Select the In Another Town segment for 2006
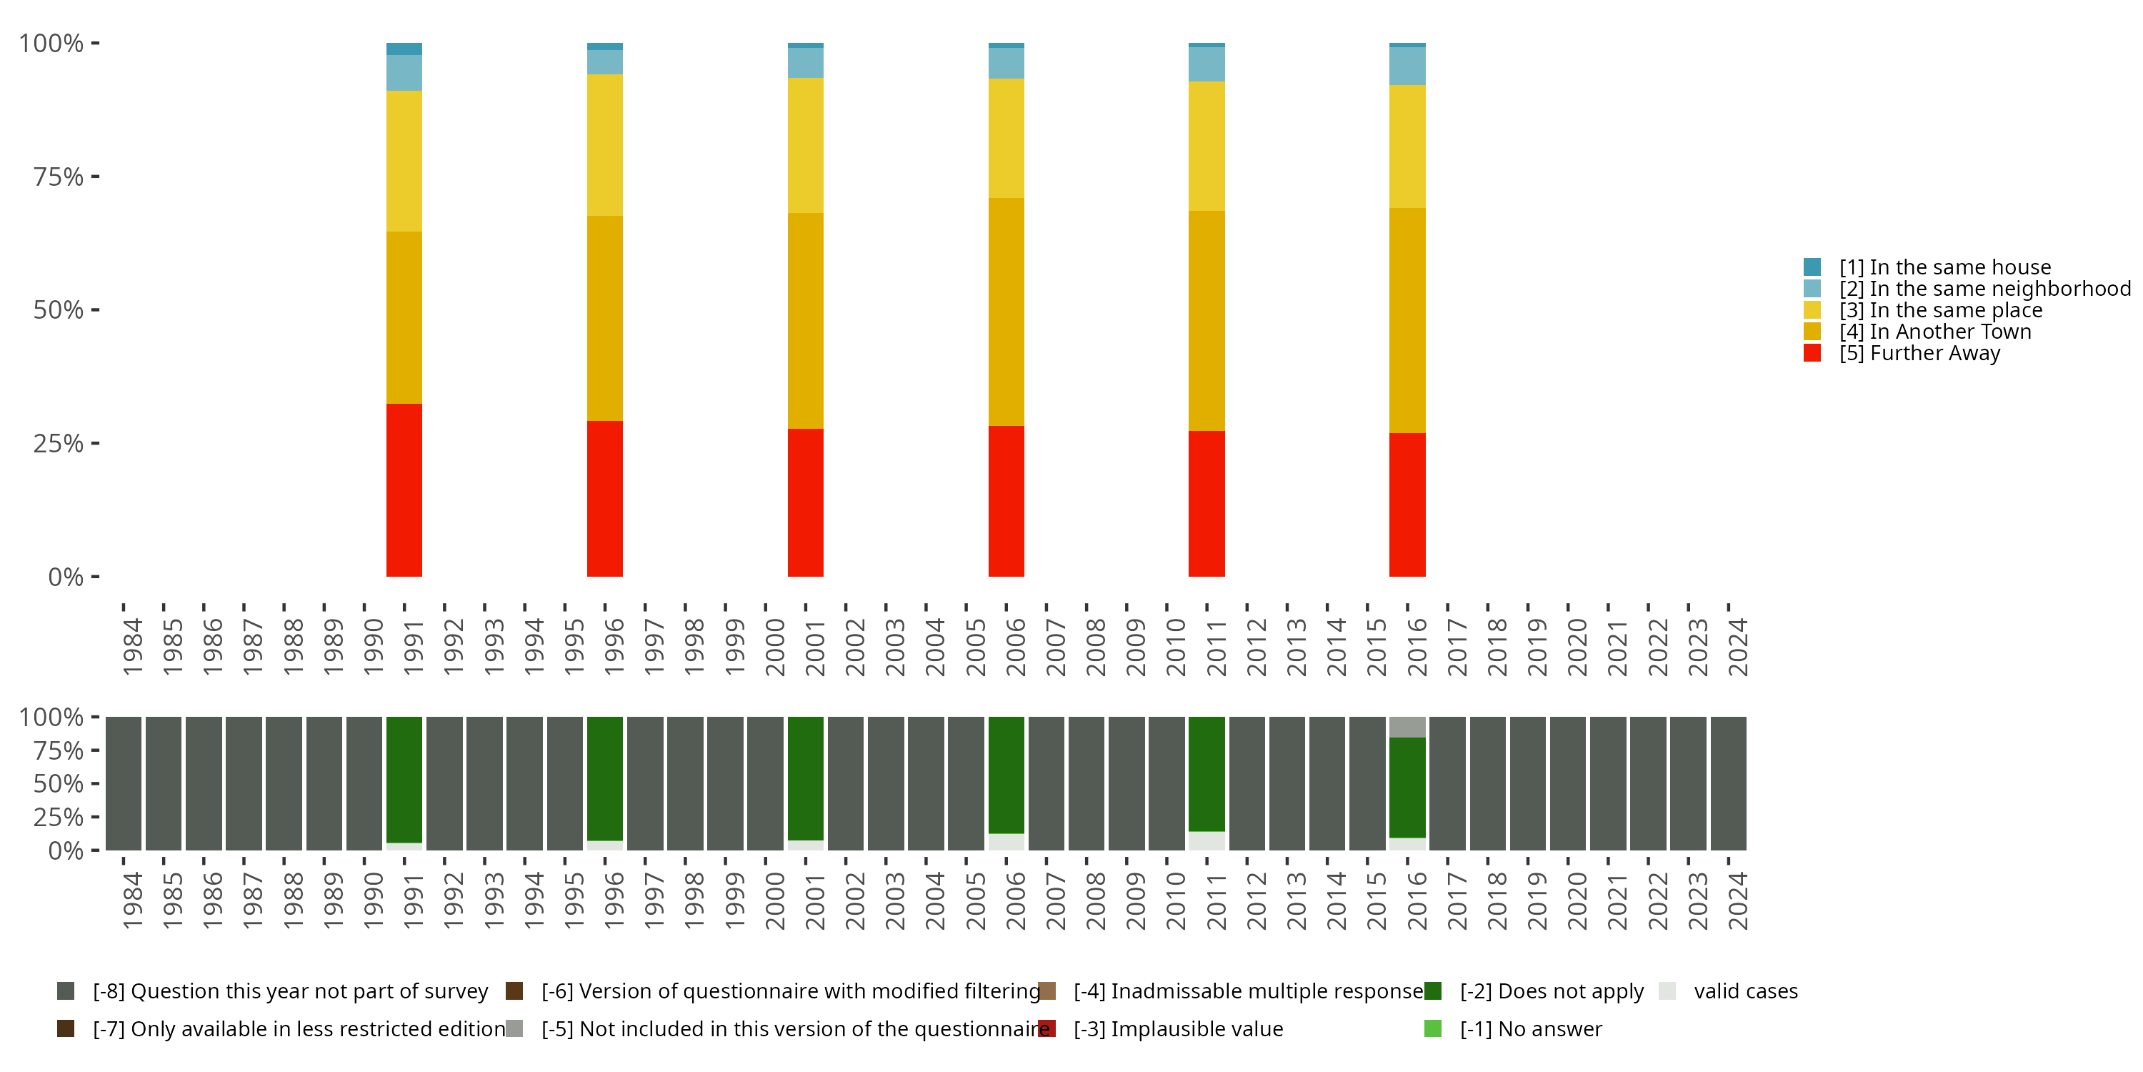tap(1006, 312)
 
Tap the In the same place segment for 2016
tap(1407, 147)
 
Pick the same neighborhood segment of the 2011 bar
tap(1207, 64)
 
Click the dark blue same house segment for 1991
tap(404, 49)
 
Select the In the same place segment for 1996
tap(605, 145)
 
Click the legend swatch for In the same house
tap(1812, 267)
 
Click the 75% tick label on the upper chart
tap(59, 177)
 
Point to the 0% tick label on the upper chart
tap(66, 577)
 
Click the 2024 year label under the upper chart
tap(1738, 647)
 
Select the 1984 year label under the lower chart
tap(132, 900)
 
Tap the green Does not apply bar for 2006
tap(1006, 774)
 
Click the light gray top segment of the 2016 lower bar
tap(1407, 727)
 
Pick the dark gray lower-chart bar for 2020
tap(1567, 783)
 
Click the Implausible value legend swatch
tap(1047, 1028)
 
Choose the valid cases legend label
tap(1745, 991)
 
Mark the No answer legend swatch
tap(1432, 1028)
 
